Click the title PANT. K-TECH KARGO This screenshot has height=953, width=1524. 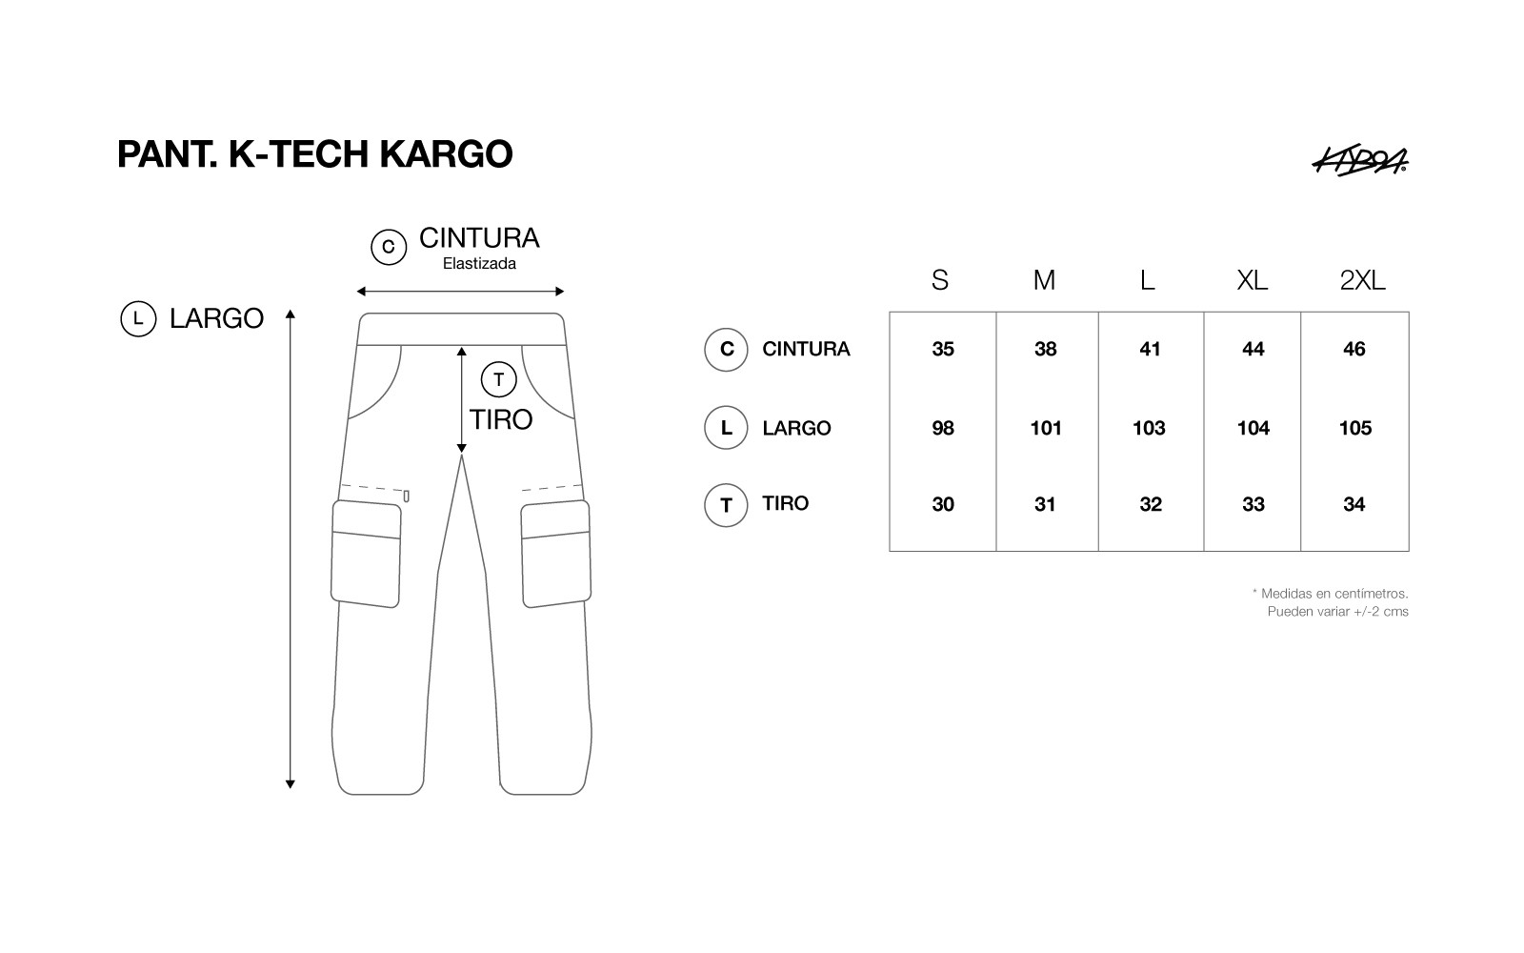click(315, 153)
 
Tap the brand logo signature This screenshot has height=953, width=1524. click(1360, 161)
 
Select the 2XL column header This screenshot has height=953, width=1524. click(1362, 280)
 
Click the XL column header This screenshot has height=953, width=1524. click(1252, 280)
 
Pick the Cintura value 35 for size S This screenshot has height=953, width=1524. click(943, 349)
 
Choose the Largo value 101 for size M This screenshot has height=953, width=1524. click(1046, 428)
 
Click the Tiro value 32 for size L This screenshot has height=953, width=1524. click(1151, 504)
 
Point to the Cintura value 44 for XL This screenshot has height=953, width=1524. click(1253, 349)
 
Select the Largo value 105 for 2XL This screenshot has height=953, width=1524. click(1355, 428)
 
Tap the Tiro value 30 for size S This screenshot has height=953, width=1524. click(943, 504)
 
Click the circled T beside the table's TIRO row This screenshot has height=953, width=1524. click(726, 505)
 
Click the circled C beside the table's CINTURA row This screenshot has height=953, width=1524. click(726, 349)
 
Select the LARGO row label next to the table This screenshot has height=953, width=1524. click(796, 428)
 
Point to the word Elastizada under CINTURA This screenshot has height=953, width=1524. click(480, 263)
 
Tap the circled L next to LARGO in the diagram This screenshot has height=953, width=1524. click(138, 318)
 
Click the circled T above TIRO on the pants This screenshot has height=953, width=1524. click(499, 380)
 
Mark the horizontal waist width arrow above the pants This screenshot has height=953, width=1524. click(461, 292)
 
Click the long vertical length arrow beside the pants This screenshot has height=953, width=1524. click(291, 549)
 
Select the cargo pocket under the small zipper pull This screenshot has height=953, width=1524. click(366, 554)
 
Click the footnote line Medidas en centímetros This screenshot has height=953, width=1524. click(1330, 594)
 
